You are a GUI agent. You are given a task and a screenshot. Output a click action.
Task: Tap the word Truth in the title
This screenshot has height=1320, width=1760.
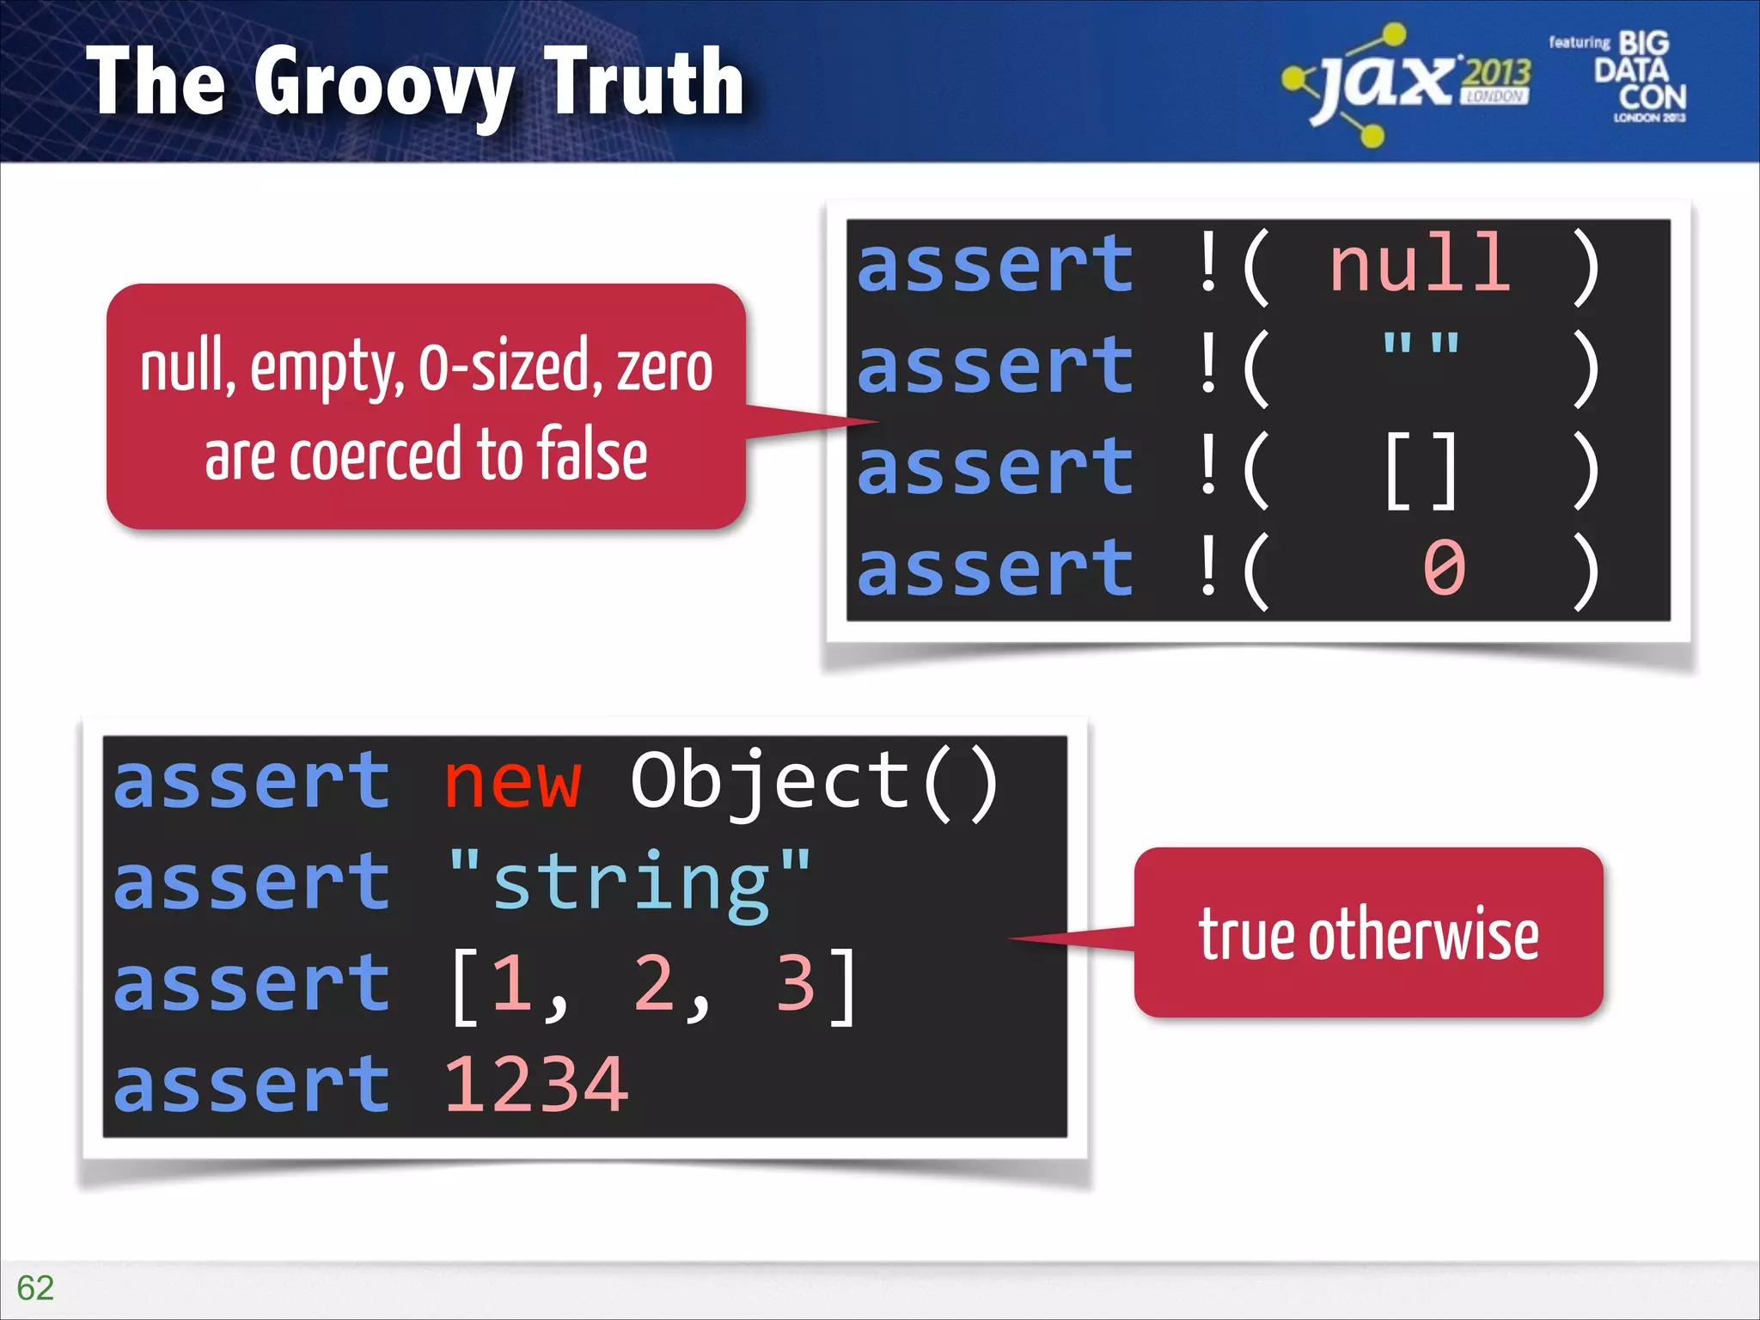(x=644, y=82)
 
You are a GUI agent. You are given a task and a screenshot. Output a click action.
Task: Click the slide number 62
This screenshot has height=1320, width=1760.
(x=35, y=1287)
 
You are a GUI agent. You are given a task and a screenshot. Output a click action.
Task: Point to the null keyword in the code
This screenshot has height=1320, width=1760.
(x=1420, y=264)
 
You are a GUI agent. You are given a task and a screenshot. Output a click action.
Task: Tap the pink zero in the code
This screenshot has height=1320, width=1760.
(x=1444, y=569)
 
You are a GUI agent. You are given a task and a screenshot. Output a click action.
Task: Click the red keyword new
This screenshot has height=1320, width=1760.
(x=513, y=782)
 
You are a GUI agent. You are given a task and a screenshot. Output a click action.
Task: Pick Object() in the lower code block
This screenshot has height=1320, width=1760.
(x=815, y=782)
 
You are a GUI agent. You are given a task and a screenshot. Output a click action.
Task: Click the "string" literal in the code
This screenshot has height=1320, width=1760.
(x=629, y=883)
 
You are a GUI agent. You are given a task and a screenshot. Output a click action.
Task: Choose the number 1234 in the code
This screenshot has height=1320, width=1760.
(x=536, y=1085)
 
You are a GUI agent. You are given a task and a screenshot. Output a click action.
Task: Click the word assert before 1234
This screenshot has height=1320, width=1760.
(x=253, y=1085)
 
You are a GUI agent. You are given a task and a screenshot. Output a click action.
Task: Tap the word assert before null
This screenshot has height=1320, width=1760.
(x=996, y=264)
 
